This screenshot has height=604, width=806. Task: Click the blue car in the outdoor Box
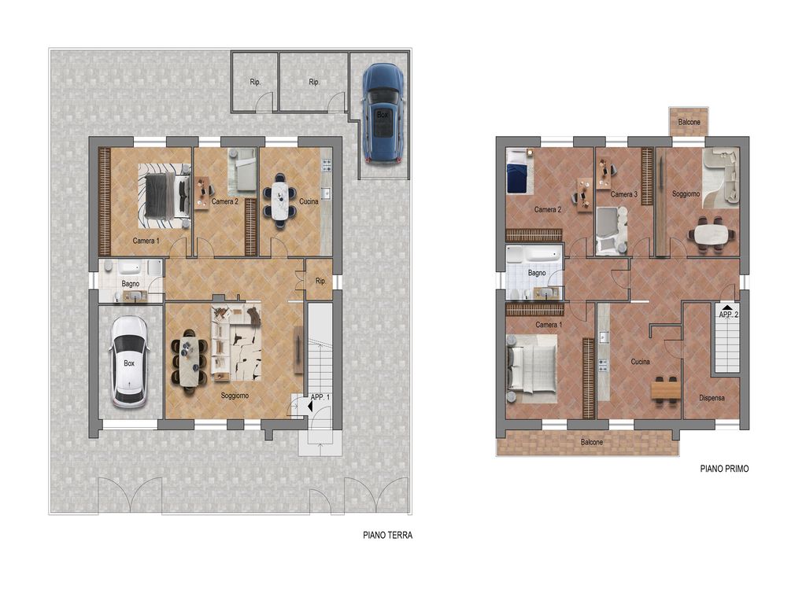pyautogui.click(x=383, y=113)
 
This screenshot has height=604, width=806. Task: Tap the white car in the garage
pyautogui.click(x=128, y=362)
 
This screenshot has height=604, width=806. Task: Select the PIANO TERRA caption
pyautogui.click(x=387, y=535)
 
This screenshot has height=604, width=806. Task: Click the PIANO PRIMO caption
pyautogui.click(x=724, y=469)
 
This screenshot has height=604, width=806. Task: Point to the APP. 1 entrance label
pyautogui.click(x=320, y=397)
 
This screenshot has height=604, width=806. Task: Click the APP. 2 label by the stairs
pyautogui.click(x=728, y=315)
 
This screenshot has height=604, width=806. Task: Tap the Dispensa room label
pyautogui.click(x=712, y=397)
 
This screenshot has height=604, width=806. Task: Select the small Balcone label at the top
pyautogui.click(x=689, y=122)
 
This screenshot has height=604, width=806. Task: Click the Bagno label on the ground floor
pyautogui.click(x=131, y=283)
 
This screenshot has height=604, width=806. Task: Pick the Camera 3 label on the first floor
pyautogui.click(x=624, y=194)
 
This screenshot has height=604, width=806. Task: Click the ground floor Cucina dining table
pyautogui.click(x=279, y=201)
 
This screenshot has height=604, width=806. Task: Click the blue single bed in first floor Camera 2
pyautogui.click(x=518, y=171)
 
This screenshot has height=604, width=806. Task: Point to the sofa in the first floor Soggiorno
pyautogui.click(x=721, y=177)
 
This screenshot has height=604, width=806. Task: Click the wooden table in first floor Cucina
pyautogui.click(x=666, y=390)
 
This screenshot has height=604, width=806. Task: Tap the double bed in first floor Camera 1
pyautogui.click(x=532, y=368)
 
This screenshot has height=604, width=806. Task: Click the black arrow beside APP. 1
pyautogui.click(x=310, y=407)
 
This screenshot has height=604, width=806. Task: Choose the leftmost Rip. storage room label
pyautogui.click(x=255, y=82)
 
